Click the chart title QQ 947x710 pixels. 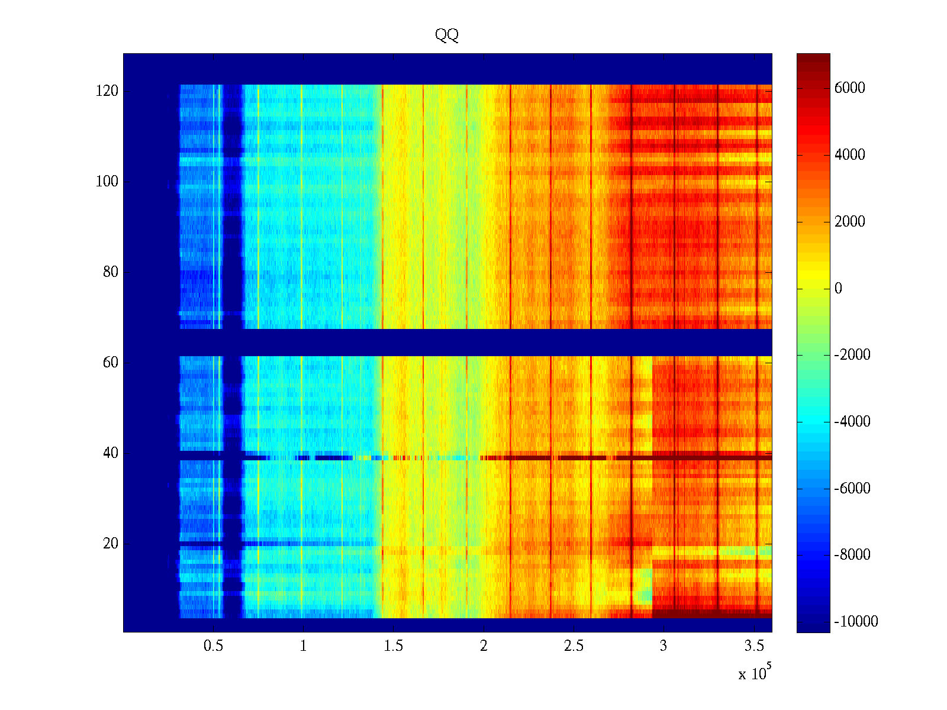pyautogui.click(x=447, y=35)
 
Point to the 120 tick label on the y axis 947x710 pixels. pyautogui.click(x=107, y=91)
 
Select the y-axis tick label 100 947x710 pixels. pyautogui.click(x=107, y=182)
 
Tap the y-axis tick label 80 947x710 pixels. pyautogui.click(x=110, y=272)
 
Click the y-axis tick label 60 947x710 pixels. pyautogui.click(x=110, y=363)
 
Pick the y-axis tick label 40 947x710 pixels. pyautogui.click(x=110, y=453)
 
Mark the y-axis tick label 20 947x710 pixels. pyautogui.click(x=110, y=544)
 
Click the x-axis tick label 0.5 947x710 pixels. pyautogui.click(x=213, y=646)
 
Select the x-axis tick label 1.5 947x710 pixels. pyautogui.click(x=394, y=646)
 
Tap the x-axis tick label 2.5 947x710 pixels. pyautogui.click(x=574, y=646)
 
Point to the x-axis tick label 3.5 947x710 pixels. pyautogui.click(x=754, y=646)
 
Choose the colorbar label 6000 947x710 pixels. pyautogui.click(x=849, y=88)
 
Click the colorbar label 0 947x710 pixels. pyautogui.click(x=838, y=289)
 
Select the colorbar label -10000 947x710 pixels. pyautogui.click(x=856, y=622)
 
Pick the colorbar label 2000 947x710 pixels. pyautogui.click(x=849, y=222)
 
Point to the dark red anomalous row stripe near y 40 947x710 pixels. pyautogui.click(x=592, y=457)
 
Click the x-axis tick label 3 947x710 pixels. pyautogui.click(x=663, y=646)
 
